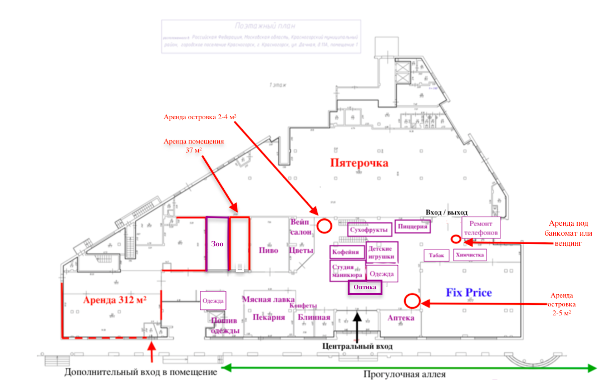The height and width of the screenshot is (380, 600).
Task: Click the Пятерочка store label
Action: (359, 163)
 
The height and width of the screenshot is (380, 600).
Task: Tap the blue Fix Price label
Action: (469, 292)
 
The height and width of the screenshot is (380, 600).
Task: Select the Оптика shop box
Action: (365, 287)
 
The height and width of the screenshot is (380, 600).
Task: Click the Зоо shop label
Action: (217, 244)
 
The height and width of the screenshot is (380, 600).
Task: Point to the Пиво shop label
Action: (268, 250)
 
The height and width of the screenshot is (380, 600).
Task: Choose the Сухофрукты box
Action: (368, 230)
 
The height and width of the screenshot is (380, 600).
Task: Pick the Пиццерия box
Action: (413, 226)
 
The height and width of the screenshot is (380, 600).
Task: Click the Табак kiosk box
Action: (437, 256)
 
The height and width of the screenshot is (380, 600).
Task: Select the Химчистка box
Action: (470, 255)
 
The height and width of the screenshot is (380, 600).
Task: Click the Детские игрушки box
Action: (381, 253)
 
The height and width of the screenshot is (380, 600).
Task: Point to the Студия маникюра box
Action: (347, 270)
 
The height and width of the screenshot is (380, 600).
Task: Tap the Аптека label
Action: (400, 318)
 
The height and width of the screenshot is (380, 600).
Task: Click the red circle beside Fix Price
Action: (411, 301)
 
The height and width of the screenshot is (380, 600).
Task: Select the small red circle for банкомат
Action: (455, 239)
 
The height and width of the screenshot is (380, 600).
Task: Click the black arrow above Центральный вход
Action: (357, 323)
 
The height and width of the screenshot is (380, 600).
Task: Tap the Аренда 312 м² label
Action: (115, 299)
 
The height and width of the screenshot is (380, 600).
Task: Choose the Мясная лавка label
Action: (268, 299)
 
